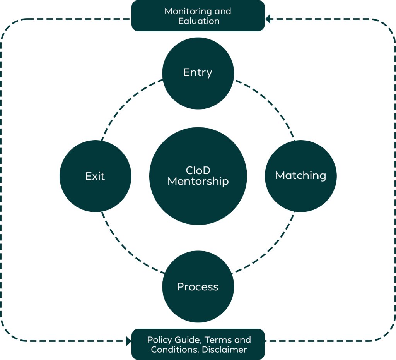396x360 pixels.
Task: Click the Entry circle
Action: (x=198, y=73)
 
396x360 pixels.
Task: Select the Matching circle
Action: (x=300, y=176)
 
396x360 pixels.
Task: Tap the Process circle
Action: (x=198, y=286)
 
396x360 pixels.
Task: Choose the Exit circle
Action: (x=95, y=176)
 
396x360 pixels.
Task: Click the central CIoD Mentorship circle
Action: (x=198, y=176)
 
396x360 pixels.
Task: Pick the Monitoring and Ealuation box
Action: (x=198, y=16)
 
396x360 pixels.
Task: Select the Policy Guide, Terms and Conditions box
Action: (x=198, y=344)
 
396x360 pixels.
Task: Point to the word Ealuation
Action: (x=199, y=21)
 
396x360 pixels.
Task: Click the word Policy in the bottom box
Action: (x=159, y=340)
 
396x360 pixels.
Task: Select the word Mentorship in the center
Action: (x=198, y=181)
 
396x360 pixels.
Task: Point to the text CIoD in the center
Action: (x=198, y=171)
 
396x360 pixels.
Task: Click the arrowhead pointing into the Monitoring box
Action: (x=268, y=19)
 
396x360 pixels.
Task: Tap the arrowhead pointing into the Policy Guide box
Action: (x=128, y=341)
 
